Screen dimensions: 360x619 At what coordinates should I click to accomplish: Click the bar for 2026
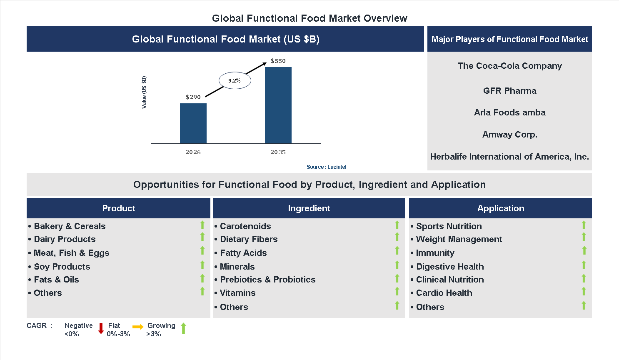(193, 123)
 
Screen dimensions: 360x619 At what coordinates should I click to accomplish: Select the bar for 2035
(278, 105)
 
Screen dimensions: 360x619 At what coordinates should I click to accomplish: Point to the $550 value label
(278, 61)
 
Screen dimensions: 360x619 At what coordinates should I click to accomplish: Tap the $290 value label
(193, 97)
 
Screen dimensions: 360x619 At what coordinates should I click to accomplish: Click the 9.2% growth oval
(235, 80)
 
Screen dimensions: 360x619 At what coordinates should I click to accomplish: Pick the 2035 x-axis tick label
(278, 152)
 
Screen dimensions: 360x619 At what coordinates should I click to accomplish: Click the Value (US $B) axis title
(144, 92)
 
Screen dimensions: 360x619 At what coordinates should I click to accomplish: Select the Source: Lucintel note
(326, 167)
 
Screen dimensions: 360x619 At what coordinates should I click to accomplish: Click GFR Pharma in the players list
(509, 91)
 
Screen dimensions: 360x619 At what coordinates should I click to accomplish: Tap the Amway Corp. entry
(509, 135)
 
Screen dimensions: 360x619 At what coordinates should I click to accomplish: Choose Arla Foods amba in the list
(509, 112)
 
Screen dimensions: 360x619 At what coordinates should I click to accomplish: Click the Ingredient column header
(309, 208)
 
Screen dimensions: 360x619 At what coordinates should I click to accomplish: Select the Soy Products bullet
(62, 267)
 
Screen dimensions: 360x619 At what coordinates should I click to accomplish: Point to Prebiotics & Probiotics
(267, 280)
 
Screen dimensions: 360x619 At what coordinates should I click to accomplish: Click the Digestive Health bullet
(450, 267)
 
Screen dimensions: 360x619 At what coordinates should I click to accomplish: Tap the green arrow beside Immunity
(584, 250)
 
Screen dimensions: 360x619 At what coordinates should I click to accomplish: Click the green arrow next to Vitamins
(397, 291)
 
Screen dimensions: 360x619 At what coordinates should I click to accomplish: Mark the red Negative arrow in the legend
(101, 328)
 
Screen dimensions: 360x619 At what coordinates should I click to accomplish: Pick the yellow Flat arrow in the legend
(138, 327)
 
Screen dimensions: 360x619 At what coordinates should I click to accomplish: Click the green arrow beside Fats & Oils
(202, 278)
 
